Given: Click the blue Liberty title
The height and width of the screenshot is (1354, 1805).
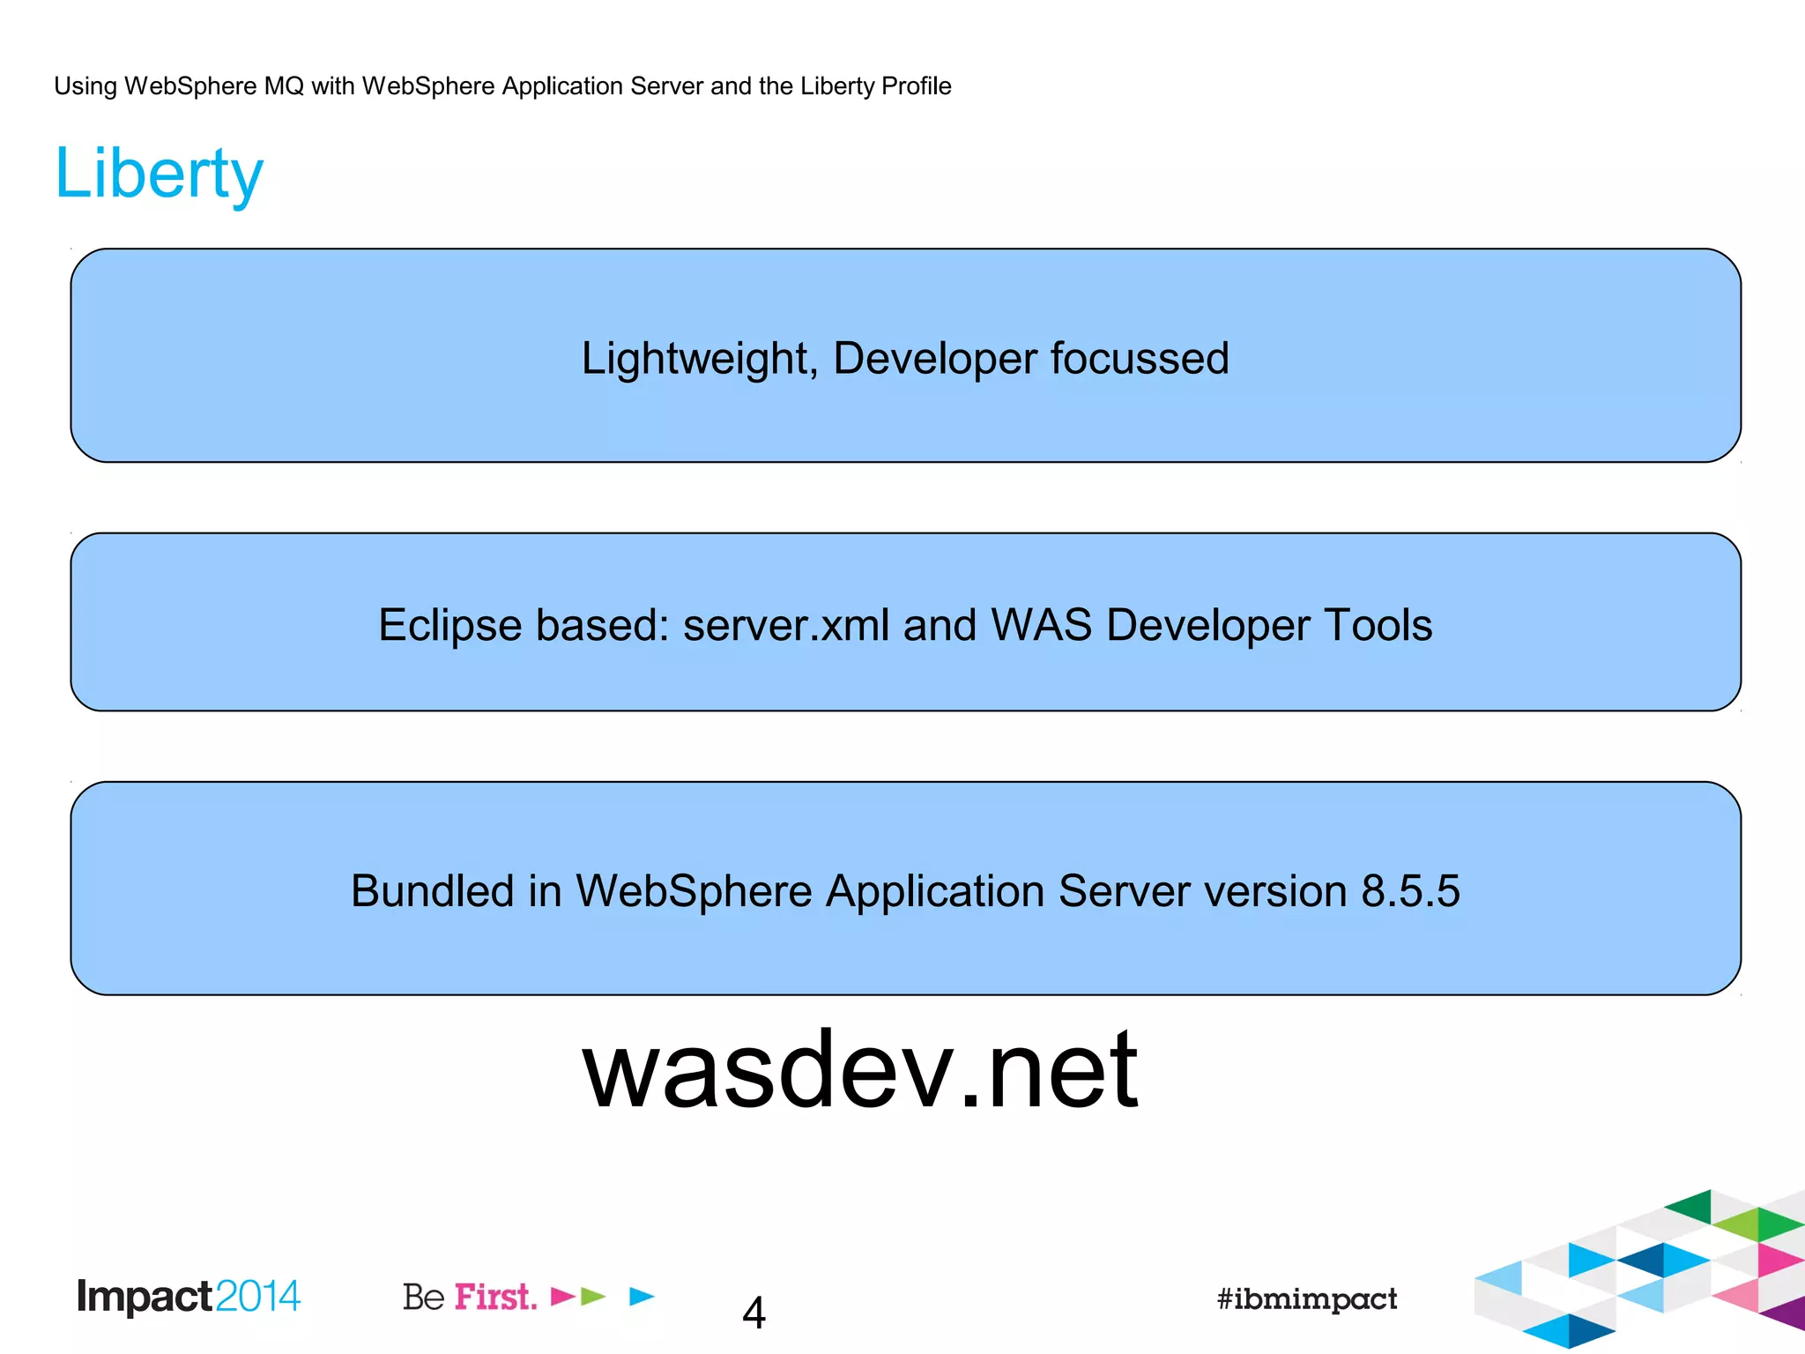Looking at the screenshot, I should pyautogui.click(x=159, y=174).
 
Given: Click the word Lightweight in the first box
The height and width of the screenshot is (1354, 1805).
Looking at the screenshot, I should pyautogui.click(x=695, y=359).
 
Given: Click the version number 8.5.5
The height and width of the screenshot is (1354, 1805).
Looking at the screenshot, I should pyautogui.click(x=1410, y=891).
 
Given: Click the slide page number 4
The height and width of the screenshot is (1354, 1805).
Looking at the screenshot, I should pyautogui.click(x=754, y=1313).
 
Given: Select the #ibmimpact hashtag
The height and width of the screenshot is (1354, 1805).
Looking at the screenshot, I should pyautogui.click(x=1306, y=1298).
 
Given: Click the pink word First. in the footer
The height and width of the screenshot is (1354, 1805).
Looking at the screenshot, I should pyautogui.click(x=495, y=1297).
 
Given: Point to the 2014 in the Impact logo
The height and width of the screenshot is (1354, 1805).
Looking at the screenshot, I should pyautogui.click(x=257, y=1297).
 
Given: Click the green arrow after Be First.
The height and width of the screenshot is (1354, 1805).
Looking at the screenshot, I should pyautogui.click(x=593, y=1296).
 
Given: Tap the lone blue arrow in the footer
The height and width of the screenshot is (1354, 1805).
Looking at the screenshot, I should pyautogui.click(x=642, y=1296).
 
